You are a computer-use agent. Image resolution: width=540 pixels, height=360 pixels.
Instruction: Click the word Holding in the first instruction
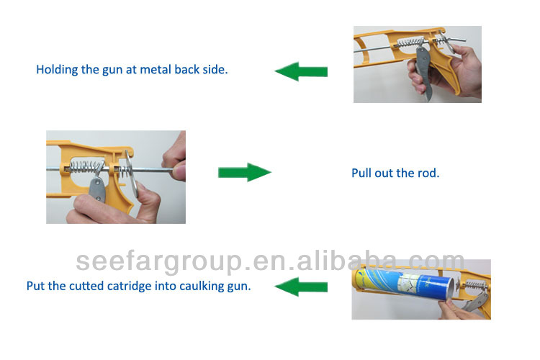pyautogui.click(x=57, y=70)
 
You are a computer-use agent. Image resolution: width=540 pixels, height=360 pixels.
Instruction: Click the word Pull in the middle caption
pyautogui.click(x=361, y=173)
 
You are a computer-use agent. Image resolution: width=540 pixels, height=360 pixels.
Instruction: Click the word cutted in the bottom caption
pyautogui.click(x=86, y=286)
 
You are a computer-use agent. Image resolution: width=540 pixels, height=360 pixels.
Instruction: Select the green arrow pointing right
pyautogui.click(x=245, y=172)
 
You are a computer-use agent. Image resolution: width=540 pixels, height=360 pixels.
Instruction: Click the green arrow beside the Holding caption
pyautogui.click(x=301, y=71)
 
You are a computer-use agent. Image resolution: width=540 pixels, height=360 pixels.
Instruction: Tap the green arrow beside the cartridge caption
pyautogui.click(x=301, y=287)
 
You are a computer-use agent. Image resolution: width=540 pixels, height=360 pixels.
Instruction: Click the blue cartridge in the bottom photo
pyautogui.click(x=403, y=284)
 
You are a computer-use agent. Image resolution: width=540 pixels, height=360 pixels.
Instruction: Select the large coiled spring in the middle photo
pyautogui.click(x=87, y=167)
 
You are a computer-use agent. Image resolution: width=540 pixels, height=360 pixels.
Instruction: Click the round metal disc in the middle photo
pyautogui.click(x=132, y=174)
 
